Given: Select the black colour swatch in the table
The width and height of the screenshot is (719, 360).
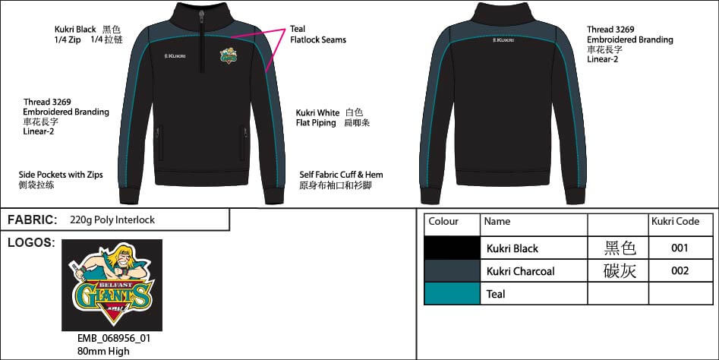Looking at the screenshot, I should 452,248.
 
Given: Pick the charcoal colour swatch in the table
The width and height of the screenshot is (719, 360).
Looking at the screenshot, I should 452,270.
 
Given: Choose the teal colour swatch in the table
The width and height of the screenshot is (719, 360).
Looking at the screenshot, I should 452,293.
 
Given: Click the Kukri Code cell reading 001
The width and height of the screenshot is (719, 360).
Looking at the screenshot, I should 680,248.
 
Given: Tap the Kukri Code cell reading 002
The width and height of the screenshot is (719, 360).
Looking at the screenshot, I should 680,271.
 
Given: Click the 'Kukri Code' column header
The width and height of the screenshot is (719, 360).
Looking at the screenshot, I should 675,222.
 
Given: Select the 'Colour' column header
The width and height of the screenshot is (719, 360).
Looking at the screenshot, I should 444,222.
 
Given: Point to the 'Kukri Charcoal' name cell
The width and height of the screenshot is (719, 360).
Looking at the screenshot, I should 520,271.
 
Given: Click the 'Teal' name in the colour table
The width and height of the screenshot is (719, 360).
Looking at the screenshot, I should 496,294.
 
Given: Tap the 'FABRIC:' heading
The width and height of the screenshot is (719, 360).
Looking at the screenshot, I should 33,220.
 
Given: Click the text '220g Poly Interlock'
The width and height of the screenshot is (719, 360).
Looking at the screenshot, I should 112,220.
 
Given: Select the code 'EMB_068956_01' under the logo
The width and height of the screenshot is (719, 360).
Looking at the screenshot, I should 109,339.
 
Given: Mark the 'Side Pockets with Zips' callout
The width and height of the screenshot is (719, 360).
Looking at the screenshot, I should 61,175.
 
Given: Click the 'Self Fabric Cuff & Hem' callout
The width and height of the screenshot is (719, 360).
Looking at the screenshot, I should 341,175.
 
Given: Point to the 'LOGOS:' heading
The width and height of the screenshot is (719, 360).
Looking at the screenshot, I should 31,243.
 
